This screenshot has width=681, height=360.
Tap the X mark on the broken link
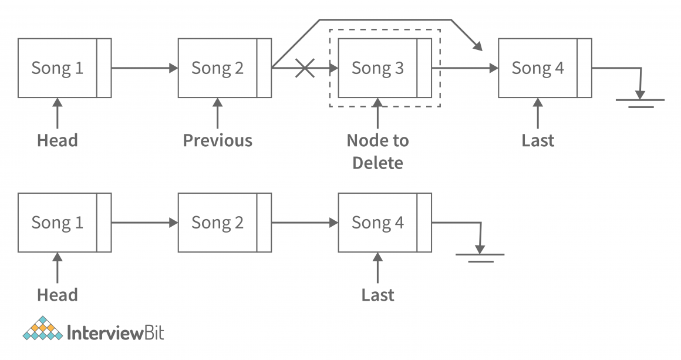[304, 68]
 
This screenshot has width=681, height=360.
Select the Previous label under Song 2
[217, 141]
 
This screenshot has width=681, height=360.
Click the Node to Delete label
[377, 152]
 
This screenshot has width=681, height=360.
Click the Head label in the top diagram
[57, 141]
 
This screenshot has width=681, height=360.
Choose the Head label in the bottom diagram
[57, 295]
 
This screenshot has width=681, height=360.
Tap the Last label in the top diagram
[538, 141]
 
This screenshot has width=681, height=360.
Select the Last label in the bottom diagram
[377, 295]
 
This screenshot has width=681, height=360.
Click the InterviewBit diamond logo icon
[42, 329]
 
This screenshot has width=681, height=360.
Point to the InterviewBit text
[116, 333]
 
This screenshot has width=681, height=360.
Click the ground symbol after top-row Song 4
[640, 102]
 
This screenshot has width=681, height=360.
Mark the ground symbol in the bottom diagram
[480, 257]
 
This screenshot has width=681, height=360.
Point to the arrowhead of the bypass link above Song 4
[478, 46]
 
